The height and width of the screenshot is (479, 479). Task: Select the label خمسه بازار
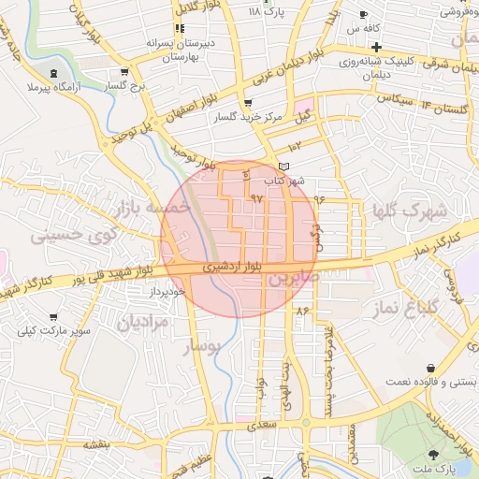[x=150, y=205]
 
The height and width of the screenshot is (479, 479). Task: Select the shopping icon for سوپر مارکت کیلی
[x=53, y=318]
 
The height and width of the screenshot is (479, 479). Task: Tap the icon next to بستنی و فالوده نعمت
[x=430, y=369]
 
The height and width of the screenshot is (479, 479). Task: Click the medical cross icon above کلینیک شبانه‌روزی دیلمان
[x=376, y=48]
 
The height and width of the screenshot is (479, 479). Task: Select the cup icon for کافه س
[x=364, y=15]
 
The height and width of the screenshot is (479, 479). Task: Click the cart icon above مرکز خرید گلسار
[x=247, y=103]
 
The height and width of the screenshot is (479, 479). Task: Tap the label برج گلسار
[x=127, y=85]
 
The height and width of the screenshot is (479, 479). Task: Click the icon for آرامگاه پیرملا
[x=53, y=71]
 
